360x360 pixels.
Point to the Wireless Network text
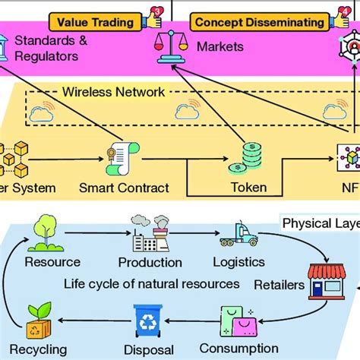(124, 93)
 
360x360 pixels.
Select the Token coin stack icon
(251, 158)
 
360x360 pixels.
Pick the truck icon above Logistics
(238, 234)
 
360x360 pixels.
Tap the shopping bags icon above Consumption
(239, 321)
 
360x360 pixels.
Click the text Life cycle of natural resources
(152, 284)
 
